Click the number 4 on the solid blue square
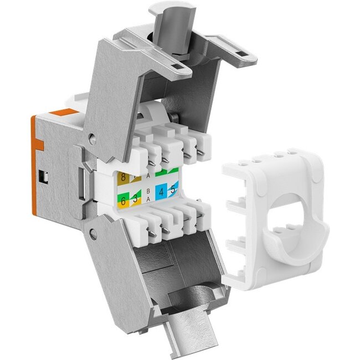[162, 193]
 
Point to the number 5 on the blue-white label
[174, 189]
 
